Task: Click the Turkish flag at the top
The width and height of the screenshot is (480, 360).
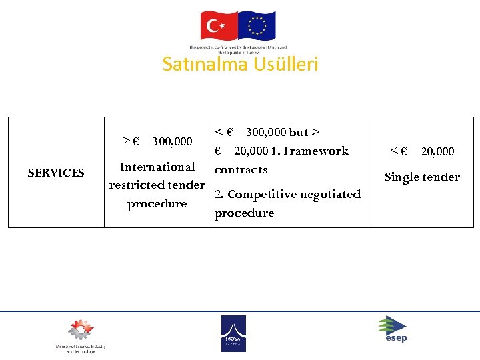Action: [219, 26]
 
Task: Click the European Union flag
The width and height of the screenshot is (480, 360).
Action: [257, 26]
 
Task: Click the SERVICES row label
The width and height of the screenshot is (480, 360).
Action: [56, 173]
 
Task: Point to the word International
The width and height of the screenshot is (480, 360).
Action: [157, 167]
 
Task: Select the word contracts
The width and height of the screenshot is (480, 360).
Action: [241, 169]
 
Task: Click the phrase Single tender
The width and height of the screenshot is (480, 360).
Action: [422, 177]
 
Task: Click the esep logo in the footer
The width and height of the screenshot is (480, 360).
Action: [393, 329]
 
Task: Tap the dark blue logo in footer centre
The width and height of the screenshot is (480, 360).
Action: [233, 333]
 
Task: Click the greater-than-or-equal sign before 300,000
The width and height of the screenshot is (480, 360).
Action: [126, 141]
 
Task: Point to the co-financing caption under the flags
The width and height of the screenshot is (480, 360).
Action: [238, 49]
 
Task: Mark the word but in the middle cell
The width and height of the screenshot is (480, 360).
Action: [298, 132]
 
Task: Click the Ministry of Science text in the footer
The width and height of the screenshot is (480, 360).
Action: [81, 349]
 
